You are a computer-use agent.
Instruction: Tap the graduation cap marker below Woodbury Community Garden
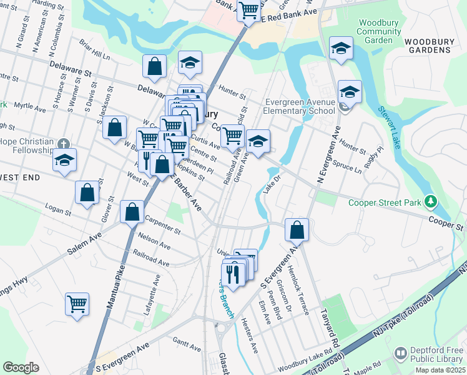(x=341, y=49)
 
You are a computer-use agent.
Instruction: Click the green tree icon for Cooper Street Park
(x=430, y=202)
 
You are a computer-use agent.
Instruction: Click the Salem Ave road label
(x=84, y=245)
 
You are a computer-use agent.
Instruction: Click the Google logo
(x=21, y=367)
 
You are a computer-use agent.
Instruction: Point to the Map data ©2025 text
(x=440, y=370)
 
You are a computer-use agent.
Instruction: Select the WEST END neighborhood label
(x=20, y=177)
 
